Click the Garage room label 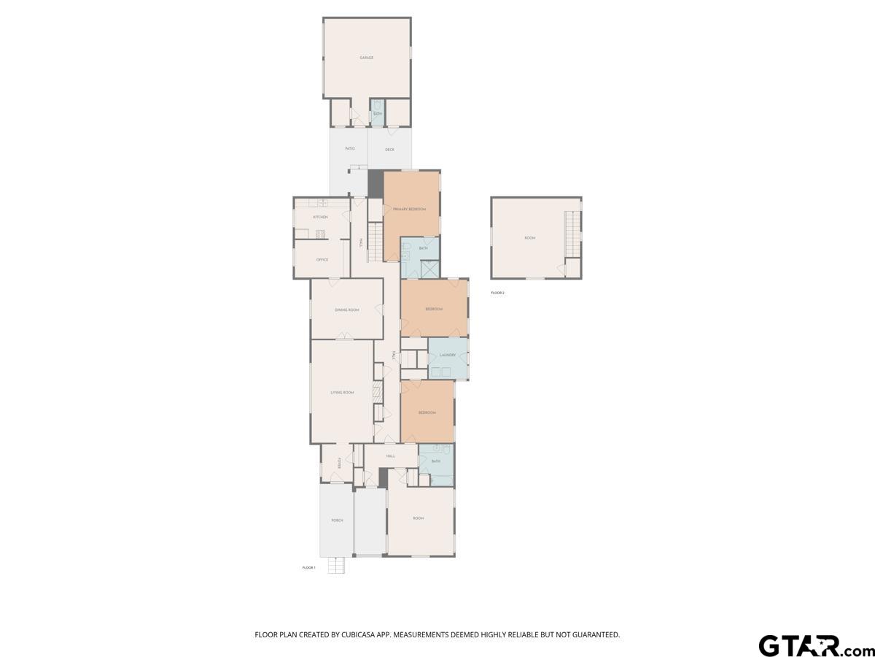pyautogui.click(x=366, y=58)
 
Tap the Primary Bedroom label pyautogui.click(x=409, y=210)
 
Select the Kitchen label pyautogui.click(x=320, y=218)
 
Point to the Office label pyautogui.click(x=322, y=260)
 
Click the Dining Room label pyautogui.click(x=347, y=310)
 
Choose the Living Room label pyautogui.click(x=342, y=393)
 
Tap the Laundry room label pyautogui.click(x=448, y=356)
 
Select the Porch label pyautogui.click(x=337, y=520)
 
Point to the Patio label pyautogui.click(x=350, y=150)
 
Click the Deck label pyautogui.click(x=389, y=150)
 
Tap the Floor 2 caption pyautogui.click(x=497, y=293)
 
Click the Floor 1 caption pyautogui.click(x=308, y=567)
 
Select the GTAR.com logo pyautogui.click(x=809, y=645)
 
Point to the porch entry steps pyautogui.click(x=335, y=565)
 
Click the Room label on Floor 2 pyautogui.click(x=530, y=238)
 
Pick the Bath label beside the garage pyautogui.click(x=378, y=114)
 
